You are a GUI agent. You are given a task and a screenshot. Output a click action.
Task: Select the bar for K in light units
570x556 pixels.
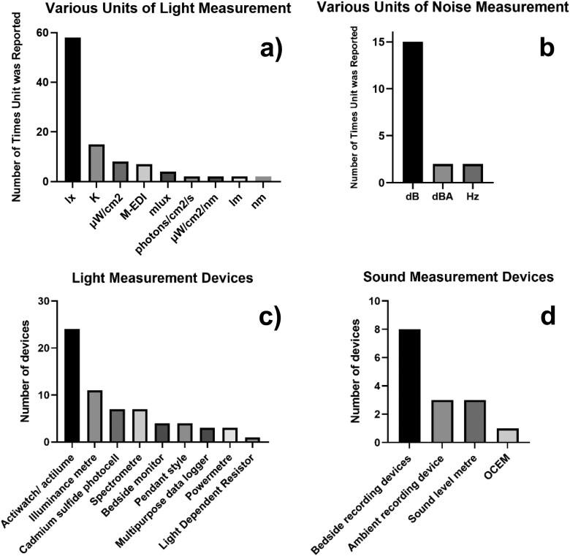pos(96,163)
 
